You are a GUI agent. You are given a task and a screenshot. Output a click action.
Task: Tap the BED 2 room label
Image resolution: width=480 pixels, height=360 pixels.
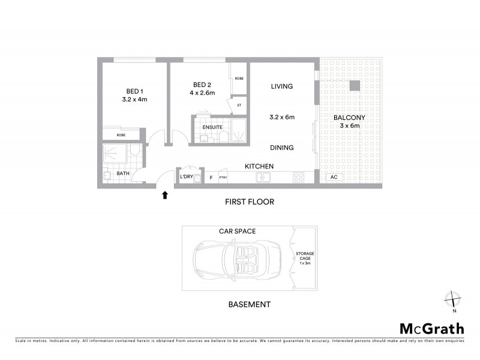[200, 85]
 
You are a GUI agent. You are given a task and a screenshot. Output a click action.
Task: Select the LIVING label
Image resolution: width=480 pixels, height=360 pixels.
[281, 86]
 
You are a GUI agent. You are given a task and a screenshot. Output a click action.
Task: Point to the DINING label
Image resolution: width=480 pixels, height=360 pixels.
[281, 147]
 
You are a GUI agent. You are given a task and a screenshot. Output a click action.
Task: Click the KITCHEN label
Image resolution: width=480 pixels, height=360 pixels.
[259, 166]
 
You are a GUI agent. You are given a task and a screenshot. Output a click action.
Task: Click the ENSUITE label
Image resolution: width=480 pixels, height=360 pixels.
[212, 127]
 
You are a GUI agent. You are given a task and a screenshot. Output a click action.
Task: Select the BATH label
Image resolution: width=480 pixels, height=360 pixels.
[123, 174]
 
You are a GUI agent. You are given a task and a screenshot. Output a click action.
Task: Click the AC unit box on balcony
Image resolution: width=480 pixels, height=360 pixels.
[333, 178]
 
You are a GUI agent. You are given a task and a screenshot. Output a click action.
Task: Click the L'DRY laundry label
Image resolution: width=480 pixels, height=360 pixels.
[186, 177]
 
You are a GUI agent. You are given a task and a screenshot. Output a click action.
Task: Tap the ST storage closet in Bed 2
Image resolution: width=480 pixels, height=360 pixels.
[239, 105]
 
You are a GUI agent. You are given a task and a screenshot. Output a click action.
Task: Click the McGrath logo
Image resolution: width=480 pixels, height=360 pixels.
[431, 329]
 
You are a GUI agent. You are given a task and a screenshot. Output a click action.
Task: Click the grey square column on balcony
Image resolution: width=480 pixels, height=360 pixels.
[355, 86]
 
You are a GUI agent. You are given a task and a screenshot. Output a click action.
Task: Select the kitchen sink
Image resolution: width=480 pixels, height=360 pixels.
[263, 178]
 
